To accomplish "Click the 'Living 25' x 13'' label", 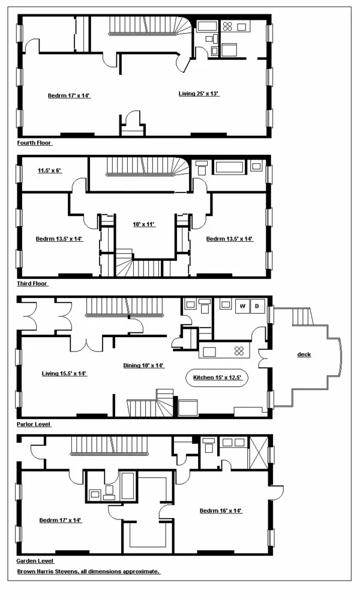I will pos(199,93).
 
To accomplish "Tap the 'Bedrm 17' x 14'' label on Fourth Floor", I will pos(69,95).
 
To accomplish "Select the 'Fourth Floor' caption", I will pos(35,143).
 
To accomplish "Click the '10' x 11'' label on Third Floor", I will pos(144,224).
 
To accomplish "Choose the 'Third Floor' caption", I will pos(32,283).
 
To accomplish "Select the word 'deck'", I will pos(304,354).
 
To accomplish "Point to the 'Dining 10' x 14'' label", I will pos(143,365).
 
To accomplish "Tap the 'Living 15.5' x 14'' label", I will pos(64,373).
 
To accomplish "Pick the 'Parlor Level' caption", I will pos(34,423).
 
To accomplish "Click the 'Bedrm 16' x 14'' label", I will pos(220,510).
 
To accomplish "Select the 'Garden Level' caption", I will pos(35,561).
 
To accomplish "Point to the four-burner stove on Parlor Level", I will pos(239,350).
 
